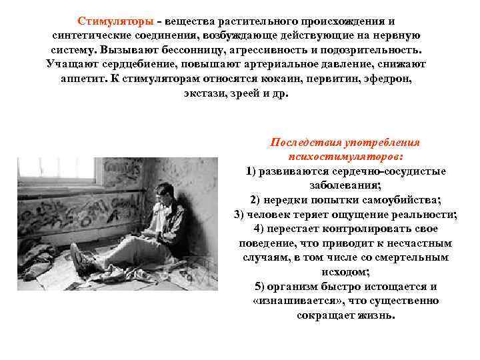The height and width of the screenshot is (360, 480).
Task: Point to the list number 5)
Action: point(261,287)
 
